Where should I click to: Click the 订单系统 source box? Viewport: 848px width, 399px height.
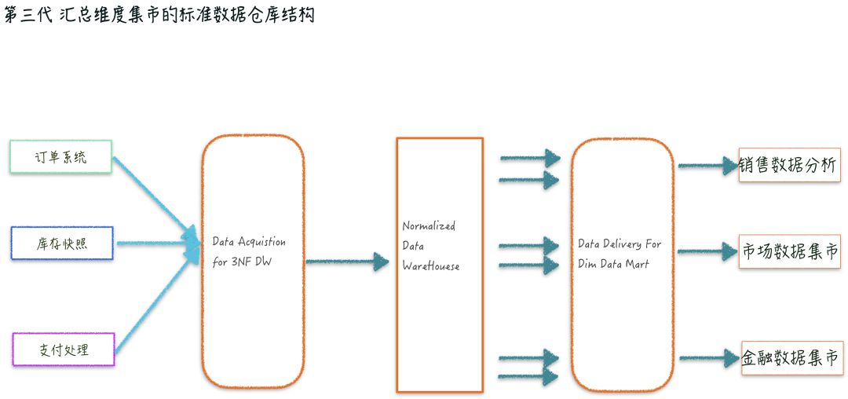click(x=60, y=156)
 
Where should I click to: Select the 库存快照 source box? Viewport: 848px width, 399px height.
click(x=62, y=243)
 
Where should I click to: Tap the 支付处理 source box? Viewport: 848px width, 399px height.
click(x=64, y=350)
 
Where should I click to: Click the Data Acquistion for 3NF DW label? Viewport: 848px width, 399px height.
click(x=249, y=251)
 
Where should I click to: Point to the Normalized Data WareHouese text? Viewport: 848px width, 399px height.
click(x=430, y=246)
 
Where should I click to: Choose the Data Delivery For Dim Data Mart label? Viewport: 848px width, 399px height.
click(x=620, y=254)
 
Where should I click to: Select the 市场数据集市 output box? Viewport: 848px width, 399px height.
click(x=791, y=252)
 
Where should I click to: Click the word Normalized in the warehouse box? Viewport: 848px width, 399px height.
click(x=429, y=226)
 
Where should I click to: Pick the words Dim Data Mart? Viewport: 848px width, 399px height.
click(x=614, y=264)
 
